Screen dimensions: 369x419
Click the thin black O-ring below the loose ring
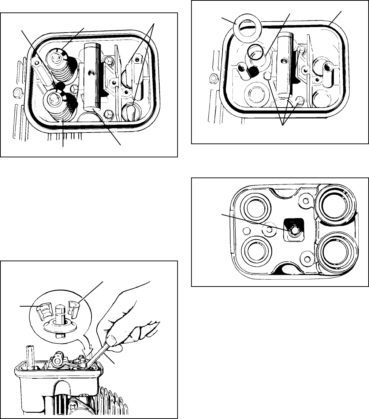(255, 52)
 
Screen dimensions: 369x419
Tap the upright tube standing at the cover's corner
(30, 355)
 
